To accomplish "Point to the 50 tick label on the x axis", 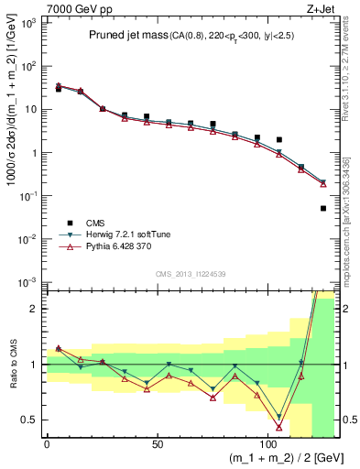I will pos(158,442).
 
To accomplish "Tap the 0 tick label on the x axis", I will pos(48,442).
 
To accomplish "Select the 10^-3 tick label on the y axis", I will pos(27,282).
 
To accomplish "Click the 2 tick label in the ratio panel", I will pos(35,309).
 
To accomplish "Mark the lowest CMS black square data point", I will pos(323,209).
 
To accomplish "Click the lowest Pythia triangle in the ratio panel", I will pos(279,427).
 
